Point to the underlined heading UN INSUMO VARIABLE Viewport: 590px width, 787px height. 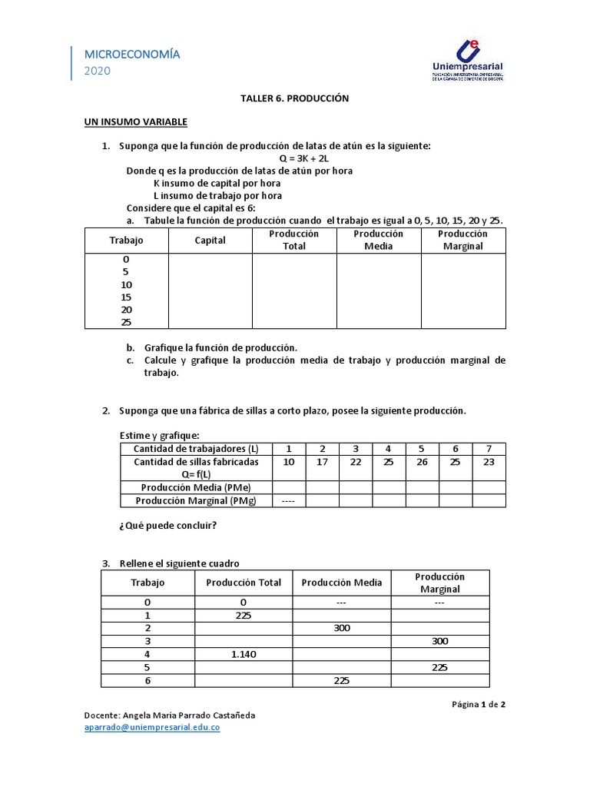135,122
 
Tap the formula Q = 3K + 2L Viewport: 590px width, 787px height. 296,158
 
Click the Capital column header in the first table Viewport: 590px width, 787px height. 210,241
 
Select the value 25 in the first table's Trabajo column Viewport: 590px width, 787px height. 126,323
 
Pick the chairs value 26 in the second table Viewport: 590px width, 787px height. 421,462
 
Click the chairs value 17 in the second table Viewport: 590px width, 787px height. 322,462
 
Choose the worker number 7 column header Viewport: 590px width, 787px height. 489,448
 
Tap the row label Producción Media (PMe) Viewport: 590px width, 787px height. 196,487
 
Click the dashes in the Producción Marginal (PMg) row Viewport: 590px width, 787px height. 289,501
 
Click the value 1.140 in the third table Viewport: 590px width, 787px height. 244,654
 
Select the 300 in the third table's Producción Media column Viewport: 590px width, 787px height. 342,628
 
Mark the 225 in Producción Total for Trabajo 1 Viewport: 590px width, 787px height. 244,615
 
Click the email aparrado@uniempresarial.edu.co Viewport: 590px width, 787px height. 152,728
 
